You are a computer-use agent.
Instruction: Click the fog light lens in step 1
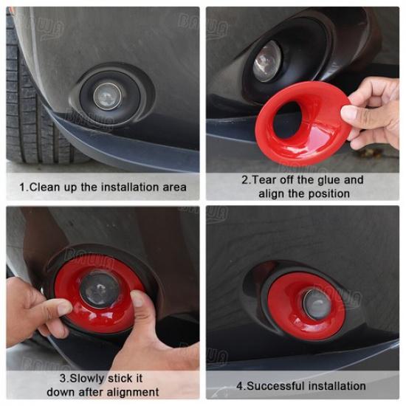108,96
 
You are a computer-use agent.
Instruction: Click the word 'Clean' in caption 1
45,187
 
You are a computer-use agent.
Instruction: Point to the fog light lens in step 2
267,61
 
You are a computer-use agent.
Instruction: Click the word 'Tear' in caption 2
264,179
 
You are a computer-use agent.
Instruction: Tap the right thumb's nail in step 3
137,299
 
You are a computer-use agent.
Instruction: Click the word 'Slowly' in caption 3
87,379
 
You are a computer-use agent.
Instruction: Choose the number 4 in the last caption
240,386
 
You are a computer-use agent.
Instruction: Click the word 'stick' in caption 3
118,379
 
